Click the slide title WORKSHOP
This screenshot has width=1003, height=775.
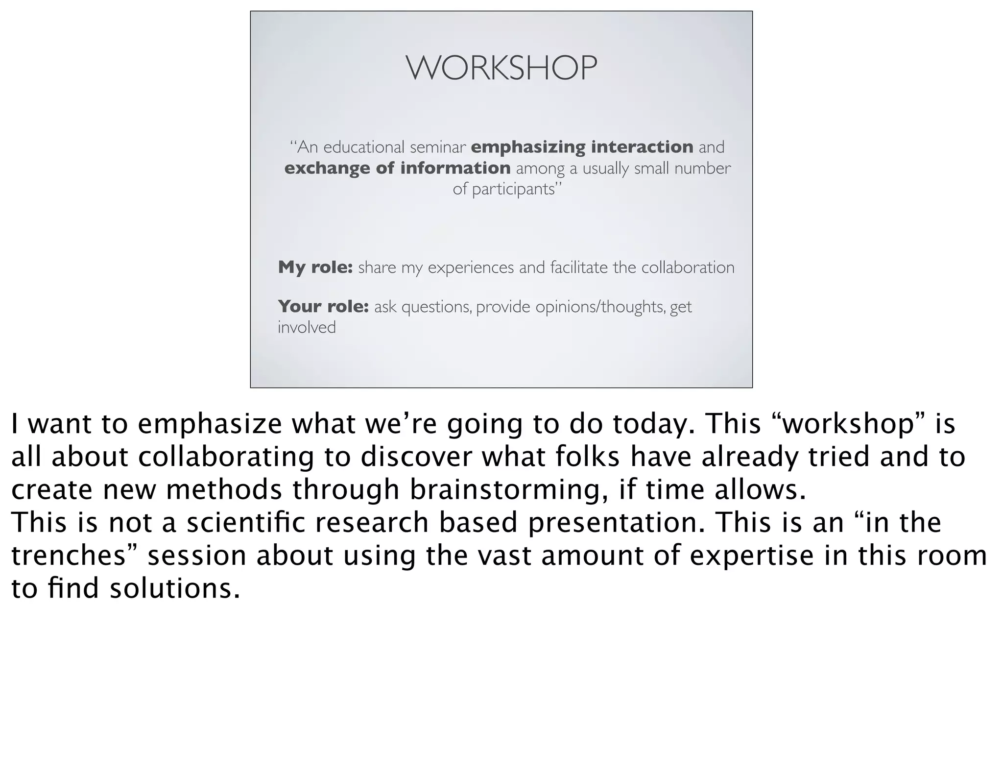coord(501,68)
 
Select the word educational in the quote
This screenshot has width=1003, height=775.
coord(364,147)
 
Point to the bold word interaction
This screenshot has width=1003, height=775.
coord(642,147)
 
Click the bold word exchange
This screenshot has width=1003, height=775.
coord(327,168)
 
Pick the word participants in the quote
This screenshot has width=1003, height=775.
coord(513,189)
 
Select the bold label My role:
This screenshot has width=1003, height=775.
coord(315,267)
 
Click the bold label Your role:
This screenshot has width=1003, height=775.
coord(323,307)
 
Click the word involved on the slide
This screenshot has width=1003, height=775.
coord(307,327)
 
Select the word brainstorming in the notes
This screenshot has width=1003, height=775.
coord(508,490)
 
